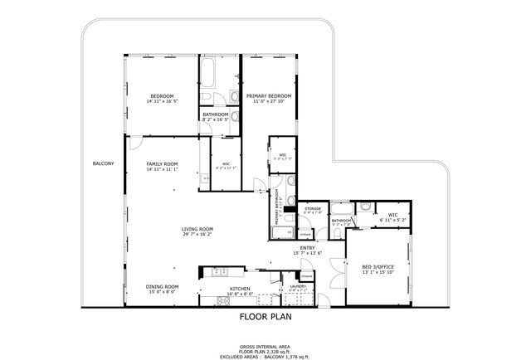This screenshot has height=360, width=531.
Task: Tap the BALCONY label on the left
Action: click(x=103, y=164)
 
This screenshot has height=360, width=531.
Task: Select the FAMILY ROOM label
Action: click(x=162, y=163)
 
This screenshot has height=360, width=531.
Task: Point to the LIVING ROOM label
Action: click(x=197, y=229)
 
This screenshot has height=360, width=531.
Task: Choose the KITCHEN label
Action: click(x=240, y=289)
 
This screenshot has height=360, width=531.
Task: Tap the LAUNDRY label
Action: click(x=297, y=286)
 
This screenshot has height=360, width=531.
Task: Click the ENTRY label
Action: click(x=309, y=247)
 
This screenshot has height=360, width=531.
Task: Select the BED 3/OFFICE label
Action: click(x=378, y=267)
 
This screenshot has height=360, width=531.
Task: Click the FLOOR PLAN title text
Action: click(x=265, y=316)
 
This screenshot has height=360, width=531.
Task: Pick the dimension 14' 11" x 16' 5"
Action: click(x=162, y=101)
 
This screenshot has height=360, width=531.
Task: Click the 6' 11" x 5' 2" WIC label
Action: click(x=392, y=220)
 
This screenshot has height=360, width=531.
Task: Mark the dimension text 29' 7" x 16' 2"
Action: click(x=197, y=235)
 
